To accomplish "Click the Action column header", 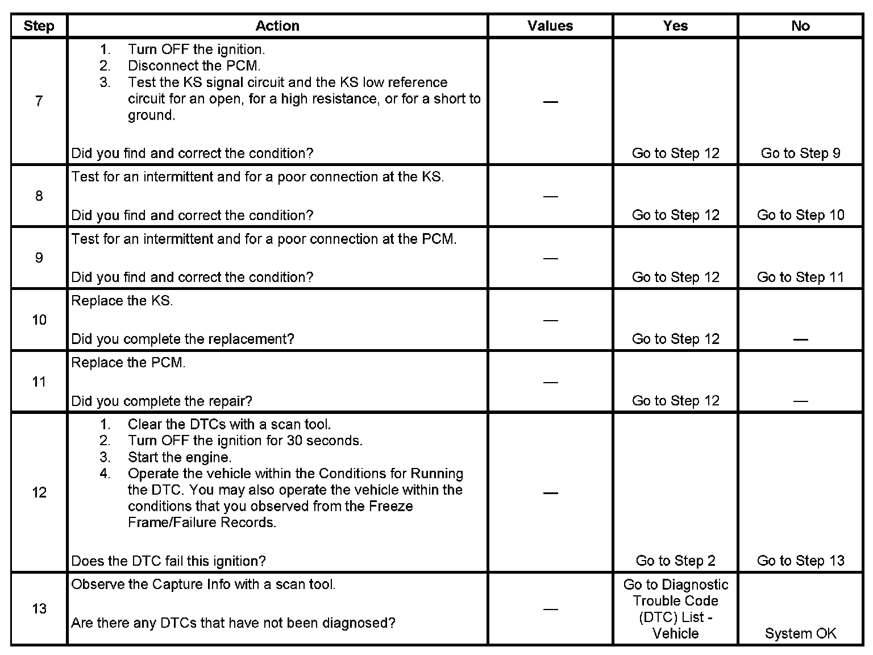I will pyautogui.click(x=277, y=26).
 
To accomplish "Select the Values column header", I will pyautogui.click(x=550, y=26).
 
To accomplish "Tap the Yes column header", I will pyautogui.click(x=675, y=26).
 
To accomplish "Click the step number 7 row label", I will pyautogui.click(x=39, y=101).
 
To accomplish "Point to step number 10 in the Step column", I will pyautogui.click(x=39, y=320).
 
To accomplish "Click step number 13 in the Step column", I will pyautogui.click(x=39, y=608).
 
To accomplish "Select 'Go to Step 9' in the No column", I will pyautogui.click(x=800, y=153).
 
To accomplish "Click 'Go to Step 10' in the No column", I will pyautogui.click(x=800, y=215).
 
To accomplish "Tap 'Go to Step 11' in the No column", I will pyautogui.click(x=800, y=277).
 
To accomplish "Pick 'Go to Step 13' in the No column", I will pyautogui.click(x=800, y=561).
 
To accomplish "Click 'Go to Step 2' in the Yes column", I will pyautogui.click(x=675, y=561).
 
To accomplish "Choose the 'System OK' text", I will pyautogui.click(x=800, y=633).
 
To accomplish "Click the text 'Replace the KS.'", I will pyautogui.click(x=122, y=301).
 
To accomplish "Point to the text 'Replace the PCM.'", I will pyautogui.click(x=128, y=363).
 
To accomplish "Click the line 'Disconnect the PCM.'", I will pyautogui.click(x=194, y=66).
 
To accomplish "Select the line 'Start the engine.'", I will pyautogui.click(x=180, y=457).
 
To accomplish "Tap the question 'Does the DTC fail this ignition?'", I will pyautogui.click(x=168, y=561).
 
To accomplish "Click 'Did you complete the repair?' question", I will pyautogui.click(x=161, y=401).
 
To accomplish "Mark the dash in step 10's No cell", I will pyautogui.click(x=800, y=339).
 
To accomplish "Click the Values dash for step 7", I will pyautogui.click(x=550, y=102).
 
